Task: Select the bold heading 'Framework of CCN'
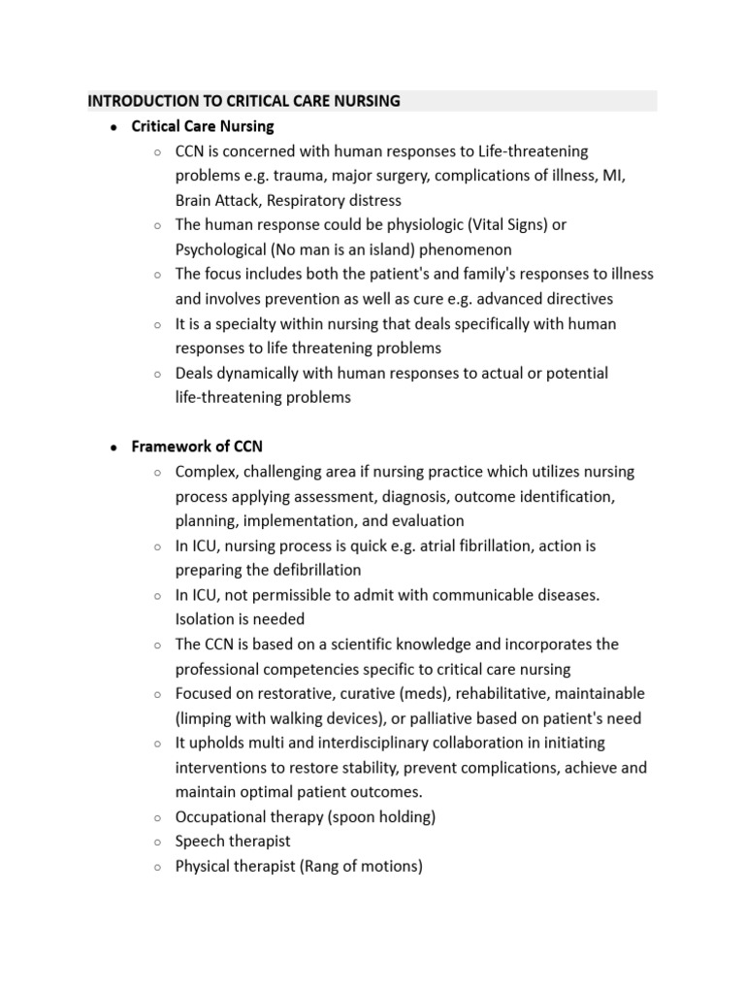[x=197, y=447]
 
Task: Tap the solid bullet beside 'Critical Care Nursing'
[x=113, y=127]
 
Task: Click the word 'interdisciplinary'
[x=340, y=743]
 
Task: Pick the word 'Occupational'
[x=221, y=817]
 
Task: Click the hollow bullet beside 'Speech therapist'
[x=157, y=843]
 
